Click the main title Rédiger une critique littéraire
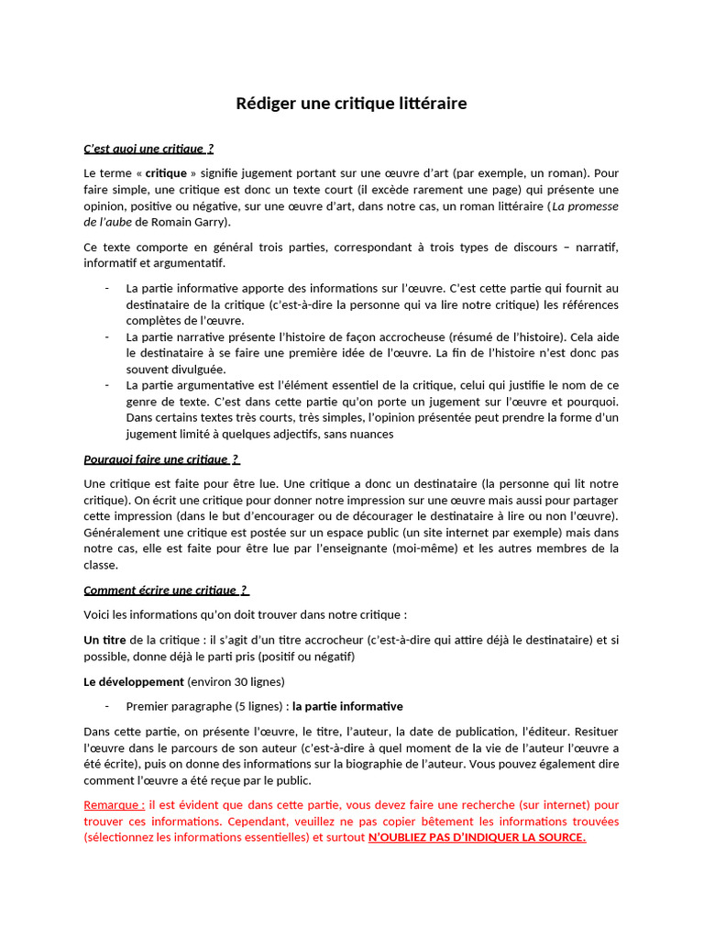[x=351, y=104]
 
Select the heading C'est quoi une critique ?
[x=148, y=149]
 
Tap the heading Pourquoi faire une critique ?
[x=161, y=459]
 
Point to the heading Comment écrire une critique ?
[x=166, y=590]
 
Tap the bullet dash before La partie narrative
[x=107, y=337]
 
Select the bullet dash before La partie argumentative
[x=107, y=385]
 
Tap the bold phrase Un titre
[x=104, y=639]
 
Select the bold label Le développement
[x=134, y=681]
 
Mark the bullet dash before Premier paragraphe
[x=107, y=706]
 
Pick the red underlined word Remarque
[x=114, y=804]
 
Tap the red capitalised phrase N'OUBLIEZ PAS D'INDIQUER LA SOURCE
[x=477, y=837]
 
